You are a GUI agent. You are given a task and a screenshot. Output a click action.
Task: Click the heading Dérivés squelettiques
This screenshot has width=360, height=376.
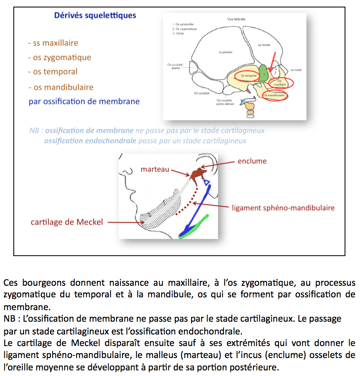coord(95,16)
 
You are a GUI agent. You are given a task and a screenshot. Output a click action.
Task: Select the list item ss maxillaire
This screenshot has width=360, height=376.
coord(53,43)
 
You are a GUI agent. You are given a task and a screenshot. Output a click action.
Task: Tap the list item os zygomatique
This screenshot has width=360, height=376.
coord(59,58)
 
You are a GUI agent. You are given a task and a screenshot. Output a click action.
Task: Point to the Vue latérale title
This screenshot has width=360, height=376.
coord(236,19)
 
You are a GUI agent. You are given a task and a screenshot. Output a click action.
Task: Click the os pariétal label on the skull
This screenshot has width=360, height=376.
coord(225,52)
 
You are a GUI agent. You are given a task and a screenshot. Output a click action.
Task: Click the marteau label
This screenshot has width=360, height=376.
coord(155,170)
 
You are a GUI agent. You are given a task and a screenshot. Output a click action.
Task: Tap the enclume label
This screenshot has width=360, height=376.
coord(252,161)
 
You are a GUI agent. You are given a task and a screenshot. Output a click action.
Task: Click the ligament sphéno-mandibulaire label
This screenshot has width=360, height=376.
coord(283,208)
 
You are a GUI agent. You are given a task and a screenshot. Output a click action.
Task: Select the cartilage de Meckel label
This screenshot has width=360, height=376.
coord(67,222)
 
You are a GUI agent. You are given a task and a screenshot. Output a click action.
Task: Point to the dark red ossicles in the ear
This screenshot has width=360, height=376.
coord(198,174)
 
